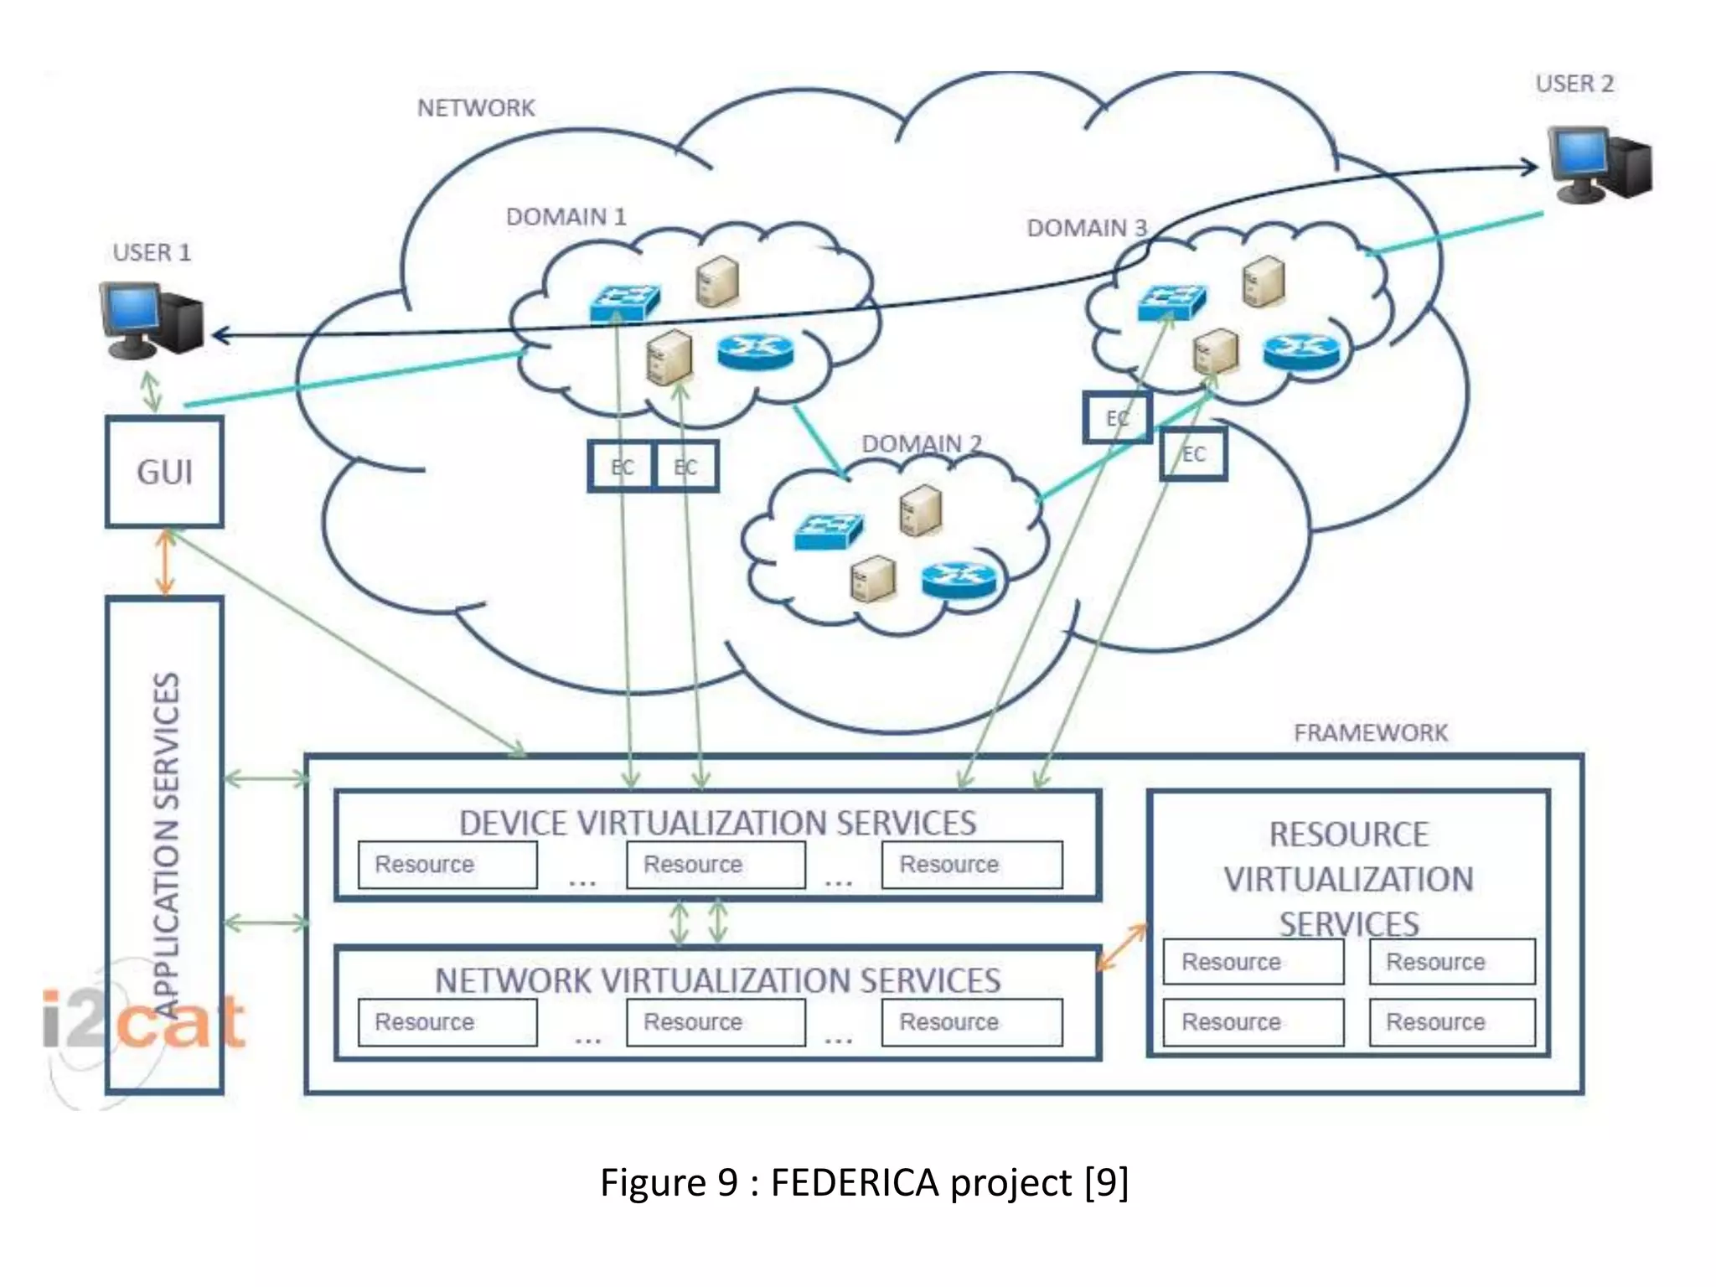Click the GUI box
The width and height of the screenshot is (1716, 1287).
[164, 472]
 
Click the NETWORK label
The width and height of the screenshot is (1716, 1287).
[476, 108]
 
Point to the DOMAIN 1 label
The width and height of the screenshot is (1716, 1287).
[566, 217]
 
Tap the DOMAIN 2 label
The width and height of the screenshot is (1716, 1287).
[922, 443]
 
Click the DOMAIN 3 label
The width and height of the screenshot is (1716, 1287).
[1087, 228]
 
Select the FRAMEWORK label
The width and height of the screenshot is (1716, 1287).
[1371, 733]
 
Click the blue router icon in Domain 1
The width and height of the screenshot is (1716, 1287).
[755, 352]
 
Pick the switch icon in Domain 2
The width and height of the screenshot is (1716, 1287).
[828, 531]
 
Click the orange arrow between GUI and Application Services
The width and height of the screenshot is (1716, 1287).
[165, 562]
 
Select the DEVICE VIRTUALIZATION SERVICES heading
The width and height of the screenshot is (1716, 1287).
[717, 823]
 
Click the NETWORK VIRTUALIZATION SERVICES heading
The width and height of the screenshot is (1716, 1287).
[717, 980]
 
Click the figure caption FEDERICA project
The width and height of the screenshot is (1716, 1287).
[864, 1182]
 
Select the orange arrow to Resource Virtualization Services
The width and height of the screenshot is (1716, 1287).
[1123, 947]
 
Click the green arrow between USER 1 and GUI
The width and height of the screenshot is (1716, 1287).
[151, 390]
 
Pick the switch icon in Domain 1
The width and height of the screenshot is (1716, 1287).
[624, 303]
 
